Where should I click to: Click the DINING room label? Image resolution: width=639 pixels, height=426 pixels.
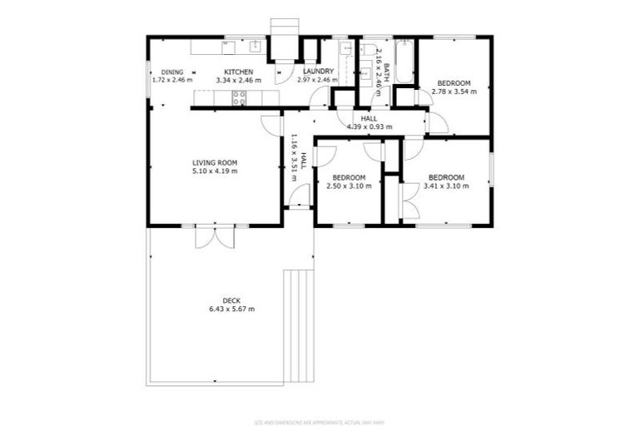tap(172, 72)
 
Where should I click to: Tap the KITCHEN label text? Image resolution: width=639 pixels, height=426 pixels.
tap(238, 72)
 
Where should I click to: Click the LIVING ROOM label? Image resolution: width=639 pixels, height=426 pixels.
tap(215, 162)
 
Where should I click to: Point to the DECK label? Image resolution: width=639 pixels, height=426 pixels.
tap(232, 300)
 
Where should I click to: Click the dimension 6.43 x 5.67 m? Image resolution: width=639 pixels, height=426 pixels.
tap(232, 309)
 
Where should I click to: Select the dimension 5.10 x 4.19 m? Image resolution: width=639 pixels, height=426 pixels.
tap(215, 171)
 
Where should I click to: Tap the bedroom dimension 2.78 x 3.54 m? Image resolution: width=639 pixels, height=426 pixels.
tap(454, 92)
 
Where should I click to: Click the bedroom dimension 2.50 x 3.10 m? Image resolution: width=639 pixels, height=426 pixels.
tap(349, 186)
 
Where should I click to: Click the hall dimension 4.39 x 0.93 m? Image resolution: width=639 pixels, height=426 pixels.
tap(369, 126)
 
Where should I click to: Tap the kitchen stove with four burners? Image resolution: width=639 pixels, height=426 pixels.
tap(239, 98)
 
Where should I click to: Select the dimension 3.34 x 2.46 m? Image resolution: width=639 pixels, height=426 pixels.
tap(238, 81)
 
